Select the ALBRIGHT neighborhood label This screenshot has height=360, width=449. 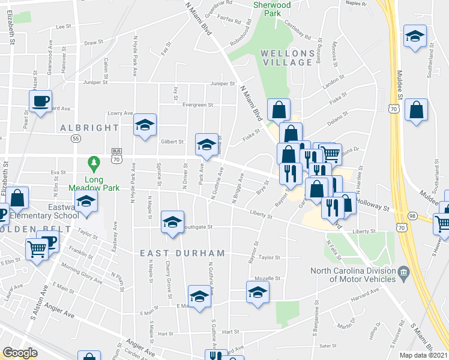click(89, 128)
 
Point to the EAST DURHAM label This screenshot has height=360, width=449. click(182, 254)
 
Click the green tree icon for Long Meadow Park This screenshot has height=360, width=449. click(93, 163)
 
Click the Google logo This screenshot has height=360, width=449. click(20, 353)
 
